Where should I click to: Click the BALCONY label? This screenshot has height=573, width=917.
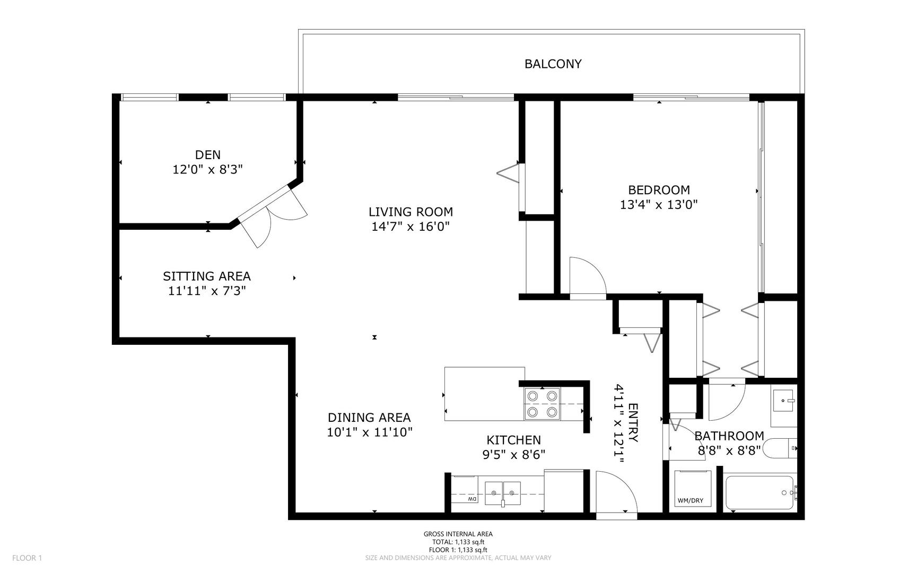[x=553, y=64]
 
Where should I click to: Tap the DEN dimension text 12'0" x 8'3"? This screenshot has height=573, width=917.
[x=207, y=170]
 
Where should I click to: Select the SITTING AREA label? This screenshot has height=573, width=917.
[x=206, y=276]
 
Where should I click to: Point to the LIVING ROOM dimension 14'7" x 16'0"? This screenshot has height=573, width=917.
[x=411, y=227]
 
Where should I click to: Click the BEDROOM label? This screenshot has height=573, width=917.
[x=659, y=190]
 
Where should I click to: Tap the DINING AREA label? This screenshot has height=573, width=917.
[x=369, y=418]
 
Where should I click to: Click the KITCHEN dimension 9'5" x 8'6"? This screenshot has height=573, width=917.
[x=513, y=455]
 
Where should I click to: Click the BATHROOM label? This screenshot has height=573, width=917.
[x=729, y=436]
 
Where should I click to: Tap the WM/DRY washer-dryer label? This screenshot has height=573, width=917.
[x=690, y=500]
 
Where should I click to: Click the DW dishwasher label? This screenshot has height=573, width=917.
[x=471, y=500]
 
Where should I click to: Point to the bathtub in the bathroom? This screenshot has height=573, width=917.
[x=759, y=493]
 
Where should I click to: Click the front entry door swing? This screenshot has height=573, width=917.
[x=614, y=492]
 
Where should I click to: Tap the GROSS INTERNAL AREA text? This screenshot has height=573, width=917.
[x=458, y=534]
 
